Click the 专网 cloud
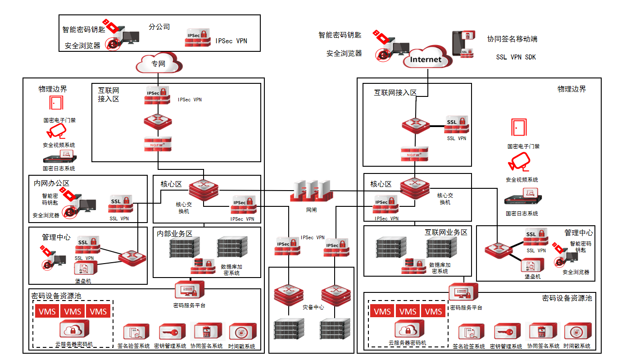(159, 64)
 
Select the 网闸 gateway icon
(311, 191)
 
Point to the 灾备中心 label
(313, 307)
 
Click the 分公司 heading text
(159, 27)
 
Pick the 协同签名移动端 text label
(512, 39)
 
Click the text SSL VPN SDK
(516, 57)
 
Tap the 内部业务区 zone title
(175, 233)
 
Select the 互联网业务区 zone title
(446, 232)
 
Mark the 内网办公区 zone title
(52, 183)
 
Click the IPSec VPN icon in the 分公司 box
(198, 38)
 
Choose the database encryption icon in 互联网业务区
(413, 266)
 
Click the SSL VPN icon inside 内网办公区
(120, 205)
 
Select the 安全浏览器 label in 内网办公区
(46, 215)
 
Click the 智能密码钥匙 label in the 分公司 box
(84, 30)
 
